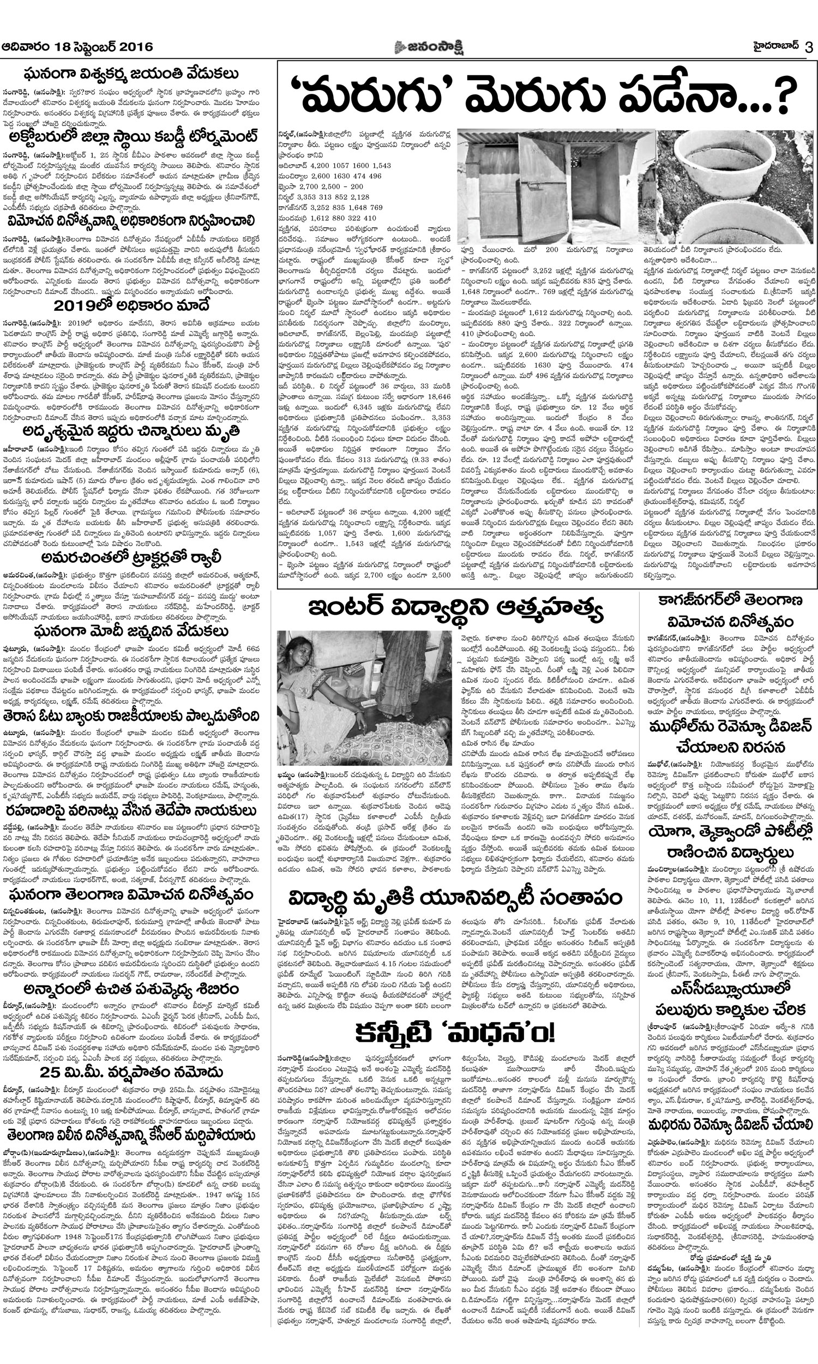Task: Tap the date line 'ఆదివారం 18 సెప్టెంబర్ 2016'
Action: pyautogui.click(x=77, y=47)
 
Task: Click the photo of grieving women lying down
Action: pyautogui.click(x=364, y=698)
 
